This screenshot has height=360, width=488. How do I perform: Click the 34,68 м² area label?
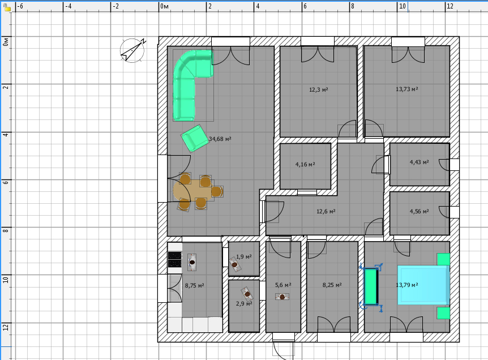(x=220, y=139)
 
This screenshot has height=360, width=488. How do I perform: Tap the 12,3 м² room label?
(x=318, y=89)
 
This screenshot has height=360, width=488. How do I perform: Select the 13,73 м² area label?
(x=407, y=89)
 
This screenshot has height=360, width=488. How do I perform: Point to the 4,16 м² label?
(x=305, y=164)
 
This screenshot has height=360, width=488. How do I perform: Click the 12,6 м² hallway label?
(x=326, y=211)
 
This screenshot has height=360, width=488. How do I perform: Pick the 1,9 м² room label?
(x=243, y=257)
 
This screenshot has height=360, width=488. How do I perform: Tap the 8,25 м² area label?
(x=332, y=285)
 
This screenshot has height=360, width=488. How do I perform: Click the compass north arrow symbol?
(x=133, y=50)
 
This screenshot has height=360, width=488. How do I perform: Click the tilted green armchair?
(x=195, y=139)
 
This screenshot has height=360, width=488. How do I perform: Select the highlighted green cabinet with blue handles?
(x=371, y=286)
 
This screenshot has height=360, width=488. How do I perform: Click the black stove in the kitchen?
(x=174, y=259)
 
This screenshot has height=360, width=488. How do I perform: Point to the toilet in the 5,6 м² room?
(x=282, y=297)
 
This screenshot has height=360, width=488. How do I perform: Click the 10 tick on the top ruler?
(x=397, y=6)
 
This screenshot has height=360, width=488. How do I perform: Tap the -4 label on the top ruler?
(x=68, y=6)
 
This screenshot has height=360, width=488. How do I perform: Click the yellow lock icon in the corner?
(x=7, y=7)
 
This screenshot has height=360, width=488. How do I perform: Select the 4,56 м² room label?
(x=419, y=211)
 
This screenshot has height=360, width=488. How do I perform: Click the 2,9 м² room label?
(x=243, y=303)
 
